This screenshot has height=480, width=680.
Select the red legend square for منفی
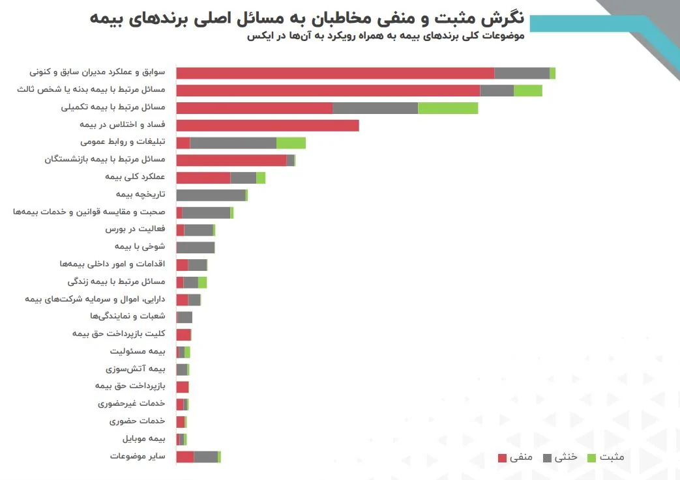pyautogui.click(x=502, y=457)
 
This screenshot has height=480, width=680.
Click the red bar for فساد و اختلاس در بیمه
pyautogui.click(x=267, y=126)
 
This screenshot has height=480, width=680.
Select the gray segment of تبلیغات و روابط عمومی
pyautogui.click(x=233, y=143)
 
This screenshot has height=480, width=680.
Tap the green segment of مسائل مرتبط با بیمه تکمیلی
pyautogui.click(x=448, y=108)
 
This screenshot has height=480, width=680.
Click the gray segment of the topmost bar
pyautogui.click(x=522, y=73)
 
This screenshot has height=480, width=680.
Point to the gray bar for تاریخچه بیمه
pyautogui.click(x=211, y=195)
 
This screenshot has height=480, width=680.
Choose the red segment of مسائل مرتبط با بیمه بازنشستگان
pyautogui.click(x=231, y=160)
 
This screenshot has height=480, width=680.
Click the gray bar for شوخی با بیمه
pyautogui.click(x=196, y=247)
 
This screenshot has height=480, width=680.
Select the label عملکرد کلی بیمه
pyautogui.click(x=135, y=177)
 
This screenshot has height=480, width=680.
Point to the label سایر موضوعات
pyautogui.click(x=138, y=456)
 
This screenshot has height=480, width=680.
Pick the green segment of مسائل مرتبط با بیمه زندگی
pyautogui.click(x=202, y=282)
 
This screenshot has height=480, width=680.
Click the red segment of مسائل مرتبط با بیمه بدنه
pyautogui.click(x=328, y=91)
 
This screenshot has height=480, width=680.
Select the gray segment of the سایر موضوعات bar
pyautogui.click(x=205, y=457)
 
